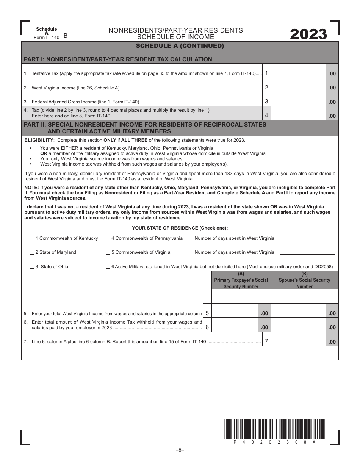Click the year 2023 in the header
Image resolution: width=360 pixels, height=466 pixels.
tap(308, 34)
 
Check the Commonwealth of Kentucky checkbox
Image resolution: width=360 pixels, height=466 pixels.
tap(32, 237)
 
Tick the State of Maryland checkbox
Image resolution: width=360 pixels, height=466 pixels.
tap(32, 251)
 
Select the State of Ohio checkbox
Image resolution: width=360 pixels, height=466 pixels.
tap(32, 265)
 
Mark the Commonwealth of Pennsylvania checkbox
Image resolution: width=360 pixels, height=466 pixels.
tap(108, 237)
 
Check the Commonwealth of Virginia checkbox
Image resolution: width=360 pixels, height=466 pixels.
tap(108, 251)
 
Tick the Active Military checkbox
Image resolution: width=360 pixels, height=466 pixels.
tap(108, 265)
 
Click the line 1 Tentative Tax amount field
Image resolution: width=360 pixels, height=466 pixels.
tap(299, 73)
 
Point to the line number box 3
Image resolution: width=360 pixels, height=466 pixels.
tap(267, 101)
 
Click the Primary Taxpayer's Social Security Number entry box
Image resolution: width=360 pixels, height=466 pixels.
tap(241, 297)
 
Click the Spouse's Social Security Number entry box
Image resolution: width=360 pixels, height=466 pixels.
tap(305, 297)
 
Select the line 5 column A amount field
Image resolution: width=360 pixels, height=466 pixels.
tap(235, 311)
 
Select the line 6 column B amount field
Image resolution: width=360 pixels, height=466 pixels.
tap(299, 325)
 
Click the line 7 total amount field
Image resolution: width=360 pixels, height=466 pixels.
tap(299, 339)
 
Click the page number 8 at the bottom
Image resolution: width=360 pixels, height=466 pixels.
tap(180, 450)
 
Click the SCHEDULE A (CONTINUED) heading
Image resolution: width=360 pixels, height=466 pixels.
tap(180, 46)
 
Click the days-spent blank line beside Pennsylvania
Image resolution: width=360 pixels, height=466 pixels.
tap(307, 238)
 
